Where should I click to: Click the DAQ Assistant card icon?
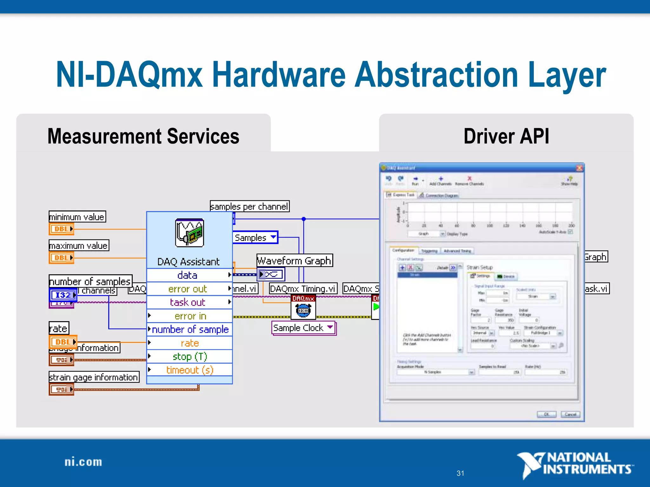coord(189,233)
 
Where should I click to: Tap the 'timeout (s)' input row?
coord(189,370)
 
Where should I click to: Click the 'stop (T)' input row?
coord(189,356)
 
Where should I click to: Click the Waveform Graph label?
coord(295,261)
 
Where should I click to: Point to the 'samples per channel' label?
coord(249,206)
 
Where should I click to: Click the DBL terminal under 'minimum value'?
coord(62,229)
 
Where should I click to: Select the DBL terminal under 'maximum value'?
coord(62,257)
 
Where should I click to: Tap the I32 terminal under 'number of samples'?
coord(63,295)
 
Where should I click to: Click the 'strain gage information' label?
coord(94,377)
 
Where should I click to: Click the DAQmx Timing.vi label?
coord(303,289)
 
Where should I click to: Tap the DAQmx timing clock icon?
coord(303,310)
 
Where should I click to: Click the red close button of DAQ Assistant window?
coord(579,168)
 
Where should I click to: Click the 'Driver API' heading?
coord(506,136)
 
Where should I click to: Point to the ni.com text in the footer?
coord(83,462)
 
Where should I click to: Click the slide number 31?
coord(460,473)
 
